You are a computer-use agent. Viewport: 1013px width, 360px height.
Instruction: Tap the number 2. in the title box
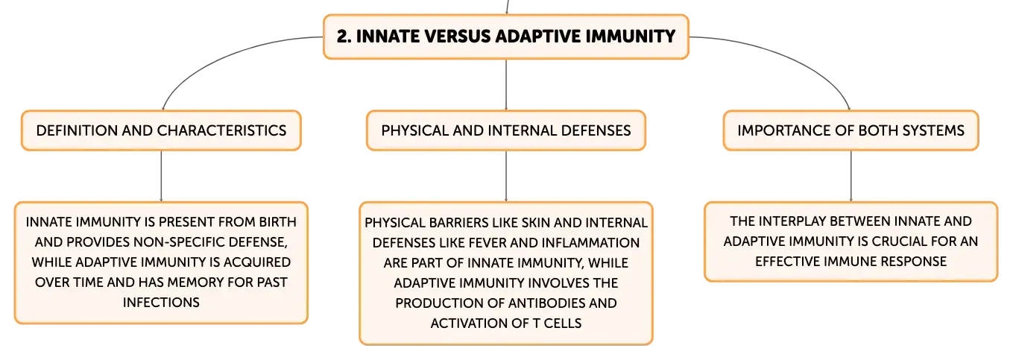344,37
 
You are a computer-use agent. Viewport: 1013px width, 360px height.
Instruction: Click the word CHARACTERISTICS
221,130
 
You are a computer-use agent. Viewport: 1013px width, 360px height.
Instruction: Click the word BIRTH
278,222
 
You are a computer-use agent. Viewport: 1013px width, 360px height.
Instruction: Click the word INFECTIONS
161,303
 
